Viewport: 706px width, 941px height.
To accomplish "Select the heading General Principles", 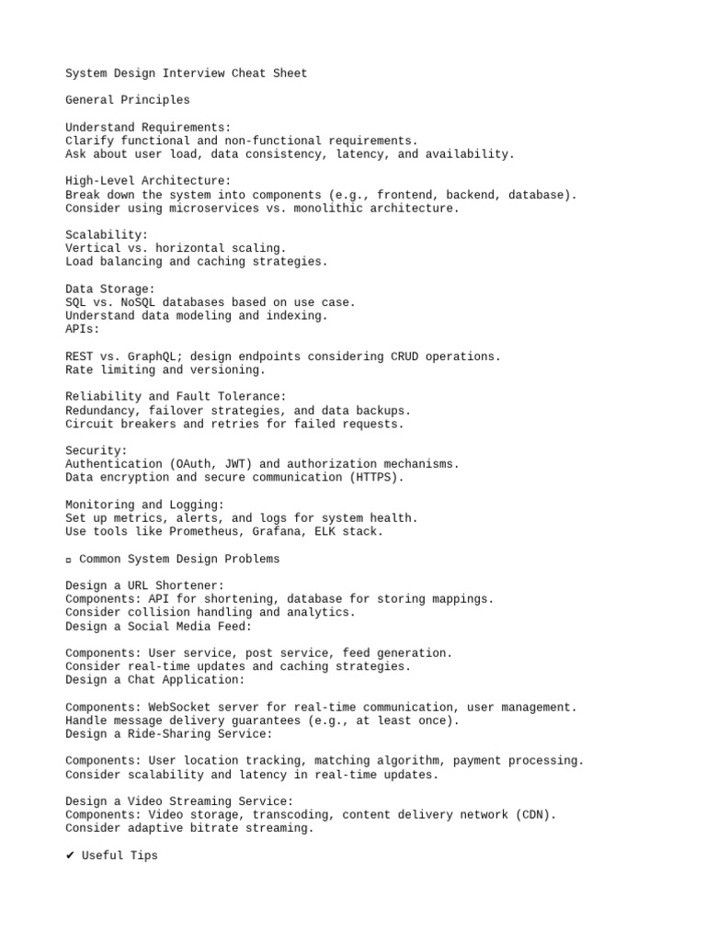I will [x=128, y=100].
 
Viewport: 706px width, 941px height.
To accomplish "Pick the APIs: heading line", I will [x=83, y=329].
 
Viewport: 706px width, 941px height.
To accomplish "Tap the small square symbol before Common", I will [x=69, y=559].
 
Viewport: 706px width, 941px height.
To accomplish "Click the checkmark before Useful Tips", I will [x=70, y=856].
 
